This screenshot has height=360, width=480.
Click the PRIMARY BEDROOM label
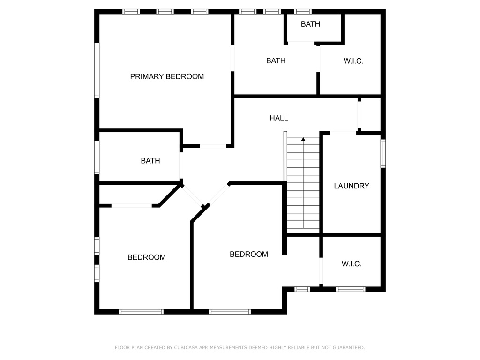(x=167, y=76)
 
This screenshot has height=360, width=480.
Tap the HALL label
(x=278, y=118)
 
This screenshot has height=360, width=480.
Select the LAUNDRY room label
(x=352, y=186)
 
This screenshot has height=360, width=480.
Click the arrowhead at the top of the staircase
(x=303, y=139)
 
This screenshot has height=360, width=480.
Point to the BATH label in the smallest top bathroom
(x=310, y=24)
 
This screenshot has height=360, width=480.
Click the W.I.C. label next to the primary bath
(x=353, y=61)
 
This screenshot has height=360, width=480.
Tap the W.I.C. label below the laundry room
(x=352, y=263)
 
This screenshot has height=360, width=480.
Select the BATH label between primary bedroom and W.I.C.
(x=276, y=60)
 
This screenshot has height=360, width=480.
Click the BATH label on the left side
(x=150, y=161)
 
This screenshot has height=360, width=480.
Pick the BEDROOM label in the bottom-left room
(x=147, y=257)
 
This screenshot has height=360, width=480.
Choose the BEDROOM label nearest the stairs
(x=249, y=255)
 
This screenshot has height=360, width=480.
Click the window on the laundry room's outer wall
(x=383, y=153)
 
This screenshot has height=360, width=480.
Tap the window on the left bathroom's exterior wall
(x=97, y=157)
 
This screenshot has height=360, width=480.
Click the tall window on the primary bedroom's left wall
(x=97, y=70)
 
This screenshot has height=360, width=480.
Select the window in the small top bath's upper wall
(x=303, y=12)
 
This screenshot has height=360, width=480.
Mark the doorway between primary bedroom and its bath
(x=232, y=59)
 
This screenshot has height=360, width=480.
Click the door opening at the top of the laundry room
(x=343, y=133)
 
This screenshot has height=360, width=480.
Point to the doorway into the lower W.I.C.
(x=321, y=271)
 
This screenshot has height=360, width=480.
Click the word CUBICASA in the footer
(x=186, y=348)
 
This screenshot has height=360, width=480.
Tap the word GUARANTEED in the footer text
(x=349, y=348)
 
